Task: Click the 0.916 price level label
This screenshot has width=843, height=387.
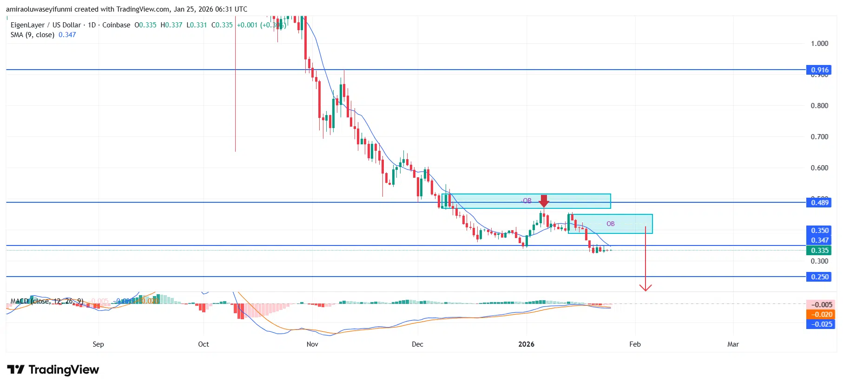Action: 819,70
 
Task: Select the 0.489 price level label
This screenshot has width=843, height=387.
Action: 819,202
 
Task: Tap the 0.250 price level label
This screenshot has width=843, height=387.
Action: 819,277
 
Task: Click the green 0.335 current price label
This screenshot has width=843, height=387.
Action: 819,251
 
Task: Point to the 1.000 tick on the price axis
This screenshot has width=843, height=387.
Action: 819,44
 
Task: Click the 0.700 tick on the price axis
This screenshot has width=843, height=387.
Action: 819,137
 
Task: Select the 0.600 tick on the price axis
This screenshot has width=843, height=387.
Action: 819,168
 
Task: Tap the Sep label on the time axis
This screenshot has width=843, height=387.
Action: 98,344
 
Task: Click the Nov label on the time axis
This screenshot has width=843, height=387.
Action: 312,344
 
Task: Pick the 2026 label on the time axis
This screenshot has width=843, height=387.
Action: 526,344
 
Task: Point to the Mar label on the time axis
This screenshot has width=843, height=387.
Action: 733,344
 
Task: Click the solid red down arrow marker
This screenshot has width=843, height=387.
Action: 544,201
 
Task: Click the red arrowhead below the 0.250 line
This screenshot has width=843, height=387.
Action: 645,288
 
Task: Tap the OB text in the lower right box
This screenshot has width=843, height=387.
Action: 610,224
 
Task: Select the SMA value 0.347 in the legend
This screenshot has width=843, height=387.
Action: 67,35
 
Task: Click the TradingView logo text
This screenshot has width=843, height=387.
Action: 64,370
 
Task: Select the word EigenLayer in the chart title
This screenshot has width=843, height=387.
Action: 27,25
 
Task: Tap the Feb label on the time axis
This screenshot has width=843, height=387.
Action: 635,344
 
